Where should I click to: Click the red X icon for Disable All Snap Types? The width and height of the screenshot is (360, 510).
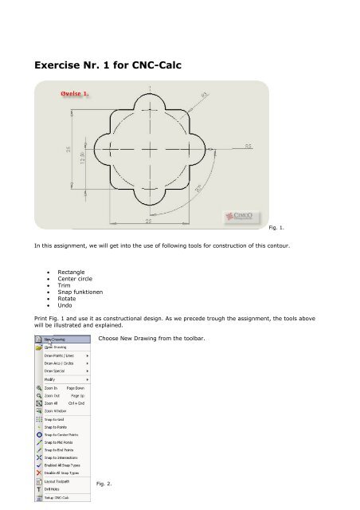click(39, 473)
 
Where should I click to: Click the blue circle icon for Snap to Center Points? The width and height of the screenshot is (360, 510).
click(39, 436)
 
